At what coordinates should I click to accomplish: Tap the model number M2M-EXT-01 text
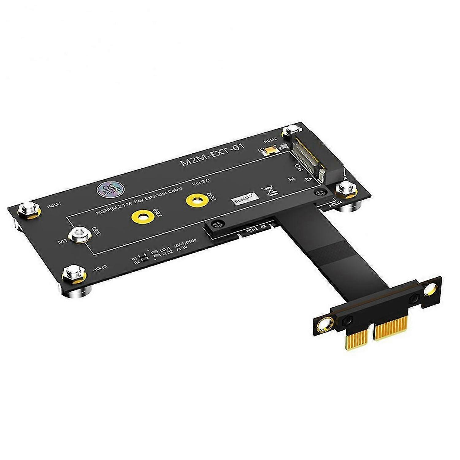click(213, 155)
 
